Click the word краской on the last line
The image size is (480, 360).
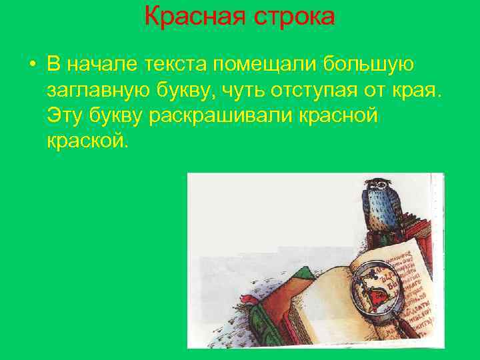(x=85, y=140)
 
